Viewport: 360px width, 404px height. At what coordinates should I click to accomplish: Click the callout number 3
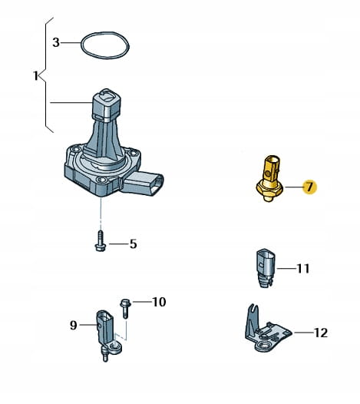56,42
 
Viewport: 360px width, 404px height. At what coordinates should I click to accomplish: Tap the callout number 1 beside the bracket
36,75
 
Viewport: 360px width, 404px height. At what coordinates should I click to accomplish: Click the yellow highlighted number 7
310,187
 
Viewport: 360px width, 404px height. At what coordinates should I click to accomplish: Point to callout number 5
133,244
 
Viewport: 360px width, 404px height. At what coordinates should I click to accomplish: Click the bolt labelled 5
101,241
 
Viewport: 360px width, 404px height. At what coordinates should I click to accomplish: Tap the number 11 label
303,269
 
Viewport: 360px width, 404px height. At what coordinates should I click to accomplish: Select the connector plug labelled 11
266,268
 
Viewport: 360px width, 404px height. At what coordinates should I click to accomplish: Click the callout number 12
321,333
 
